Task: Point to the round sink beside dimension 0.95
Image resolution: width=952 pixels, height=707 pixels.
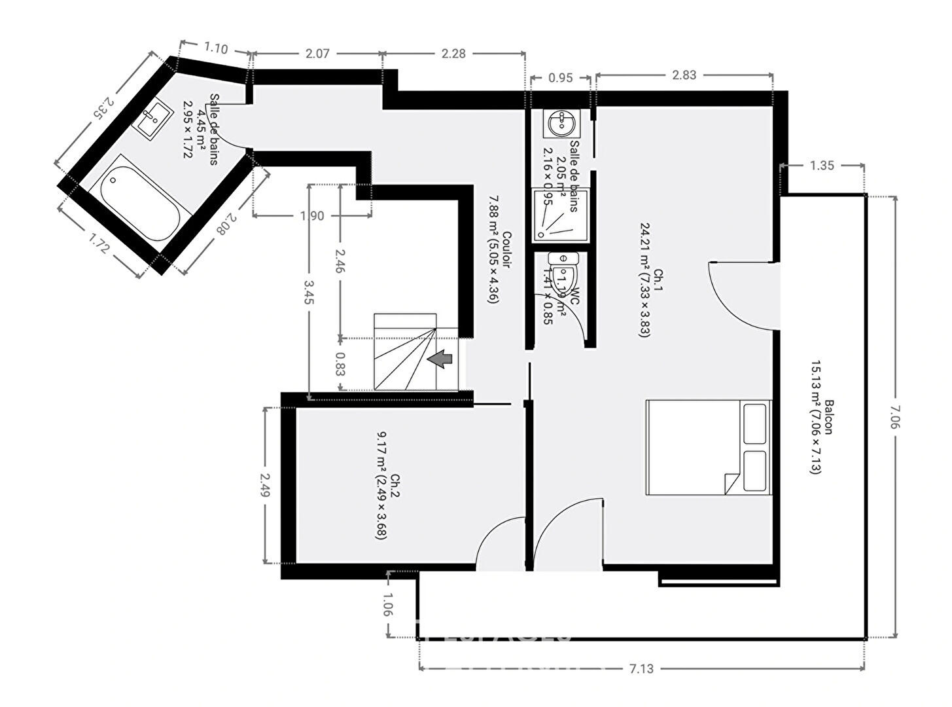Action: coord(561,122)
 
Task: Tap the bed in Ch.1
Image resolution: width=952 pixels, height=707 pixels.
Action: coord(709,447)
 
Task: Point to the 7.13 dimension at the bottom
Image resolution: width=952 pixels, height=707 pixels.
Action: coord(641,668)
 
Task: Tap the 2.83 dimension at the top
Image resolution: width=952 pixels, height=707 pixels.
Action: coord(684,75)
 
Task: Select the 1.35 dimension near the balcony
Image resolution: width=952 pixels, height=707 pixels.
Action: coord(822,166)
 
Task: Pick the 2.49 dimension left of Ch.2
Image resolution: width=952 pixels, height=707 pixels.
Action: coord(265,485)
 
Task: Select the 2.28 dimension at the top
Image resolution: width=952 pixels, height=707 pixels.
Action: coord(453,54)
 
